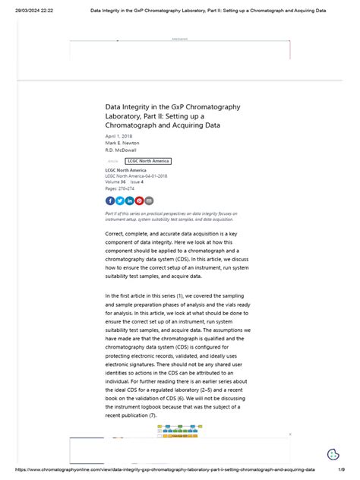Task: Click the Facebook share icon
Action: pos(110,201)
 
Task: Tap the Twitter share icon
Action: pos(120,201)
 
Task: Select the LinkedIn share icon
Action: pos(130,201)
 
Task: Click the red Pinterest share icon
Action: pos(139,201)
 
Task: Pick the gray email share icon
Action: pos(149,201)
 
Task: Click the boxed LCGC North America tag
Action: pos(148,161)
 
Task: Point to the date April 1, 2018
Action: pos(118,136)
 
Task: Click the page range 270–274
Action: pos(124,188)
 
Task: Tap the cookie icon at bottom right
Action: pos(333,455)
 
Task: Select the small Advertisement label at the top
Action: pos(180,38)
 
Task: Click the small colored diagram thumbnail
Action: pos(180,435)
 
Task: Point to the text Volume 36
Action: pos(115,182)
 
